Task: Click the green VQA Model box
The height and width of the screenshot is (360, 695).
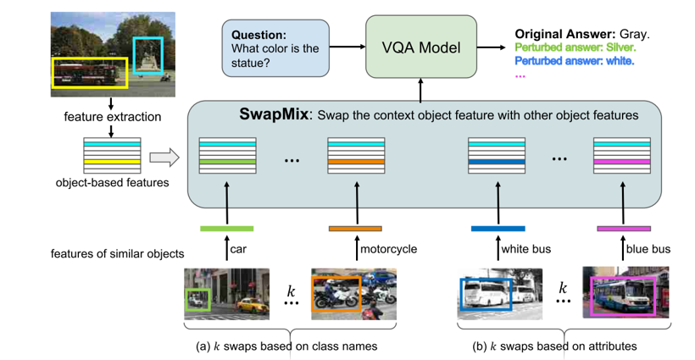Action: tap(421, 47)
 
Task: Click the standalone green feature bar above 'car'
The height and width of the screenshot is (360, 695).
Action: tap(226, 228)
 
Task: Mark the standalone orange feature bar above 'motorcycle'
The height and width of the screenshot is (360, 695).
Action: tap(354, 228)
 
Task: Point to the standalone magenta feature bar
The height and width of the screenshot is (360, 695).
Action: tap(624, 228)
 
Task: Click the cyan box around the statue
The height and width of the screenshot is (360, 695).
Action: tap(148, 56)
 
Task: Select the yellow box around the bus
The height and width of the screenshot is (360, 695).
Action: tap(89, 72)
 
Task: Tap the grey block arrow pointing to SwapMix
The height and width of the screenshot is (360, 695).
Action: tap(164, 157)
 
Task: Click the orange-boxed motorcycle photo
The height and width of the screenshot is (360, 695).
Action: tap(353, 293)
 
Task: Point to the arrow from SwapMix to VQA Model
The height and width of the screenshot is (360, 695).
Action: tap(421, 88)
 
